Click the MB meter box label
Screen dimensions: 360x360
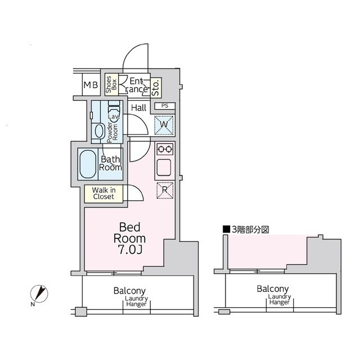91,85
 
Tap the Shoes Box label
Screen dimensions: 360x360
111,84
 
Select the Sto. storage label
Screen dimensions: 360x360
156,88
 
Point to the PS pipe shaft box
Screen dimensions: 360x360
165,106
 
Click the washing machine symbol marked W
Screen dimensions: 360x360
164,125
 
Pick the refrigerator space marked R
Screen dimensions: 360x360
165,190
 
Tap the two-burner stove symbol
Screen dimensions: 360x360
165,150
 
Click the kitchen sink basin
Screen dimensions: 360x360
164,168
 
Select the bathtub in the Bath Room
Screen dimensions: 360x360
88,164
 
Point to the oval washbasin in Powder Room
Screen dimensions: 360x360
99,131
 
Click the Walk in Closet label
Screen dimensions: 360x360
103,193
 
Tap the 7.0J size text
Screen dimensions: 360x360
130,250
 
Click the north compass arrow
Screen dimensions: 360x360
39,293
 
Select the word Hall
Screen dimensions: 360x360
139,107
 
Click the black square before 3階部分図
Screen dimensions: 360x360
226,229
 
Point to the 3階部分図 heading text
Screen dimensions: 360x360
250,229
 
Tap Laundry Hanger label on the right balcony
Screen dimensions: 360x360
280,299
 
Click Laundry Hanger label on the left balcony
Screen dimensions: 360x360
136,301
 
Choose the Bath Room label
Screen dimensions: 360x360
110,163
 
